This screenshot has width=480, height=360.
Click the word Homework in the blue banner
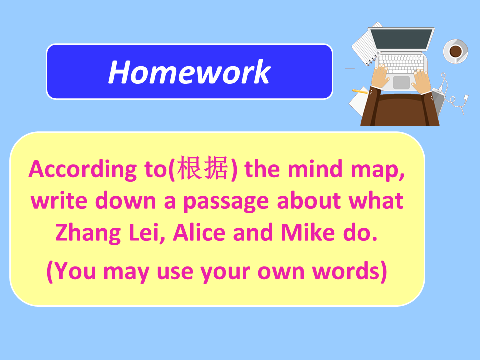coord(190,72)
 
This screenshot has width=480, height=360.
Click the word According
coord(82,170)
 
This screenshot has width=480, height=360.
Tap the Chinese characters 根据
coord(203,168)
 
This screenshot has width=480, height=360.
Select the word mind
coord(315,169)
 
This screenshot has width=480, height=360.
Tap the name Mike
coord(308,232)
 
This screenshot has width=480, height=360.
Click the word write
coord(59,201)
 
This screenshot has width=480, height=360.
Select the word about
coord(309,201)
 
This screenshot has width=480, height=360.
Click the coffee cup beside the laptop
coord(456,51)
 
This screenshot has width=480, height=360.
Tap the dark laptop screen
coord(401,39)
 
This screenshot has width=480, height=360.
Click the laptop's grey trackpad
coord(401,82)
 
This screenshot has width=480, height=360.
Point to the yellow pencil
coord(360,91)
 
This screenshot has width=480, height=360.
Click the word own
coord(281,272)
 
